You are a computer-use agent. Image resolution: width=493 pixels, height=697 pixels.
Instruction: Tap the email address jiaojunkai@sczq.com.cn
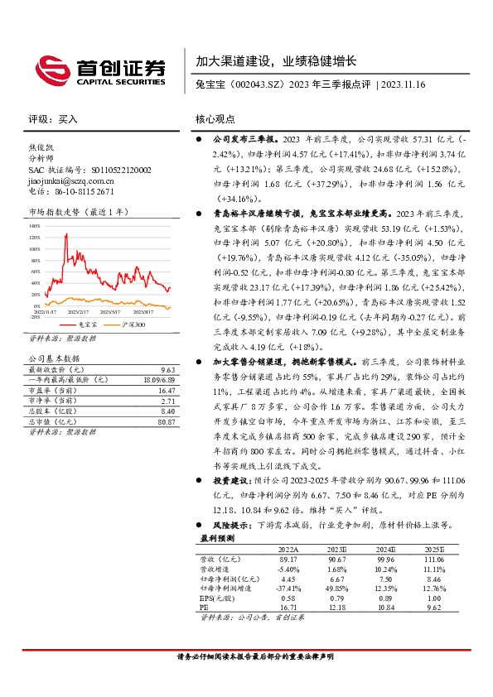[x=70, y=179]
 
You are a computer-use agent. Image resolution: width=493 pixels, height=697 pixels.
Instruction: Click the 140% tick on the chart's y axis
[x=34, y=224]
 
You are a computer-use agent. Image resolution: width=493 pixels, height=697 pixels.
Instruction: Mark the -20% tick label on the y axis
[x=34, y=316]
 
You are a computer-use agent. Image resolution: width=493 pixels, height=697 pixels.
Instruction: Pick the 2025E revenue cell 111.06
[x=433, y=559]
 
